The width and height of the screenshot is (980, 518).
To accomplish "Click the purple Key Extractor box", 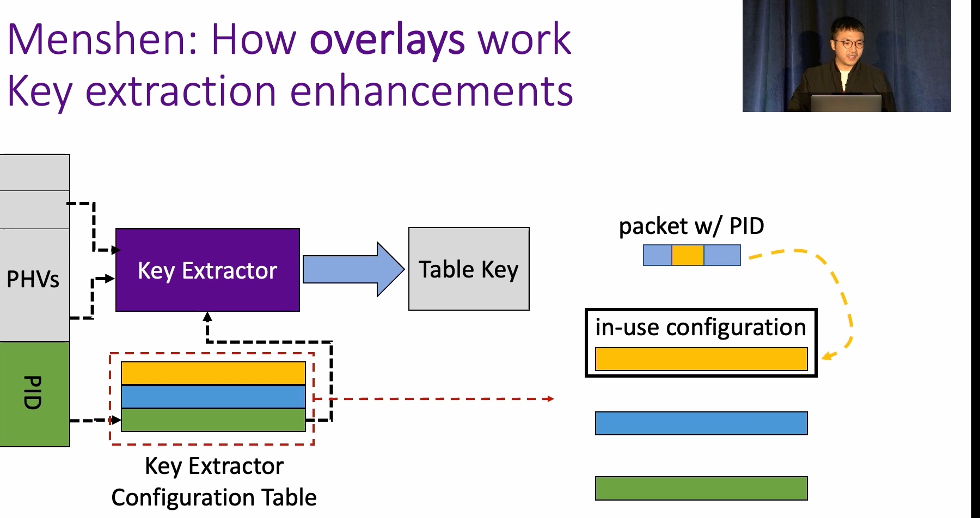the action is [x=207, y=270].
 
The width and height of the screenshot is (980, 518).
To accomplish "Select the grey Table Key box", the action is [x=469, y=269].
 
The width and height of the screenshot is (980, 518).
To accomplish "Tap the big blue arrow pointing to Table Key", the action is [x=353, y=269].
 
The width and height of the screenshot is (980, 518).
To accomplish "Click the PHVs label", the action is [x=33, y=279].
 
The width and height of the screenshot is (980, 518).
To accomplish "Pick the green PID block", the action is [x=35, y=394].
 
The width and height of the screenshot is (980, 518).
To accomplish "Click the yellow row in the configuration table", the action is [x=213, y=373].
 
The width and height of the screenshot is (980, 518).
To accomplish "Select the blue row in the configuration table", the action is [x=213, y=397].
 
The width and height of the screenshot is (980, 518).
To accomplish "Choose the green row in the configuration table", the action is [x=213, y=420].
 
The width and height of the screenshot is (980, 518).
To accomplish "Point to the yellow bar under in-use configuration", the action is [x=701, y=359].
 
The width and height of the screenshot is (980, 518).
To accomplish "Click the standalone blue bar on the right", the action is [x=701, y=423].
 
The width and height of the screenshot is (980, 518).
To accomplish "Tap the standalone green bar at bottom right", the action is [x=701, y=488].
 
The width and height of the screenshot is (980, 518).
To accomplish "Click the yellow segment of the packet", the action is [x=688, y=255].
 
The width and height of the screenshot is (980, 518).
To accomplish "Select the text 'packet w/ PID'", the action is [x=691, y=226].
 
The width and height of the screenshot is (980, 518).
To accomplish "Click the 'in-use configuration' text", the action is [x=701, y=328].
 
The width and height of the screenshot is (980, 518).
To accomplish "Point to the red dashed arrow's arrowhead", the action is [x=550, y=399].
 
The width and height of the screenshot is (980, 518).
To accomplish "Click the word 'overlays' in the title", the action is [x=387, y=41].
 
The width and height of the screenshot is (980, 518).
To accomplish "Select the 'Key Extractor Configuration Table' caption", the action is [x=214, y=482].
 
